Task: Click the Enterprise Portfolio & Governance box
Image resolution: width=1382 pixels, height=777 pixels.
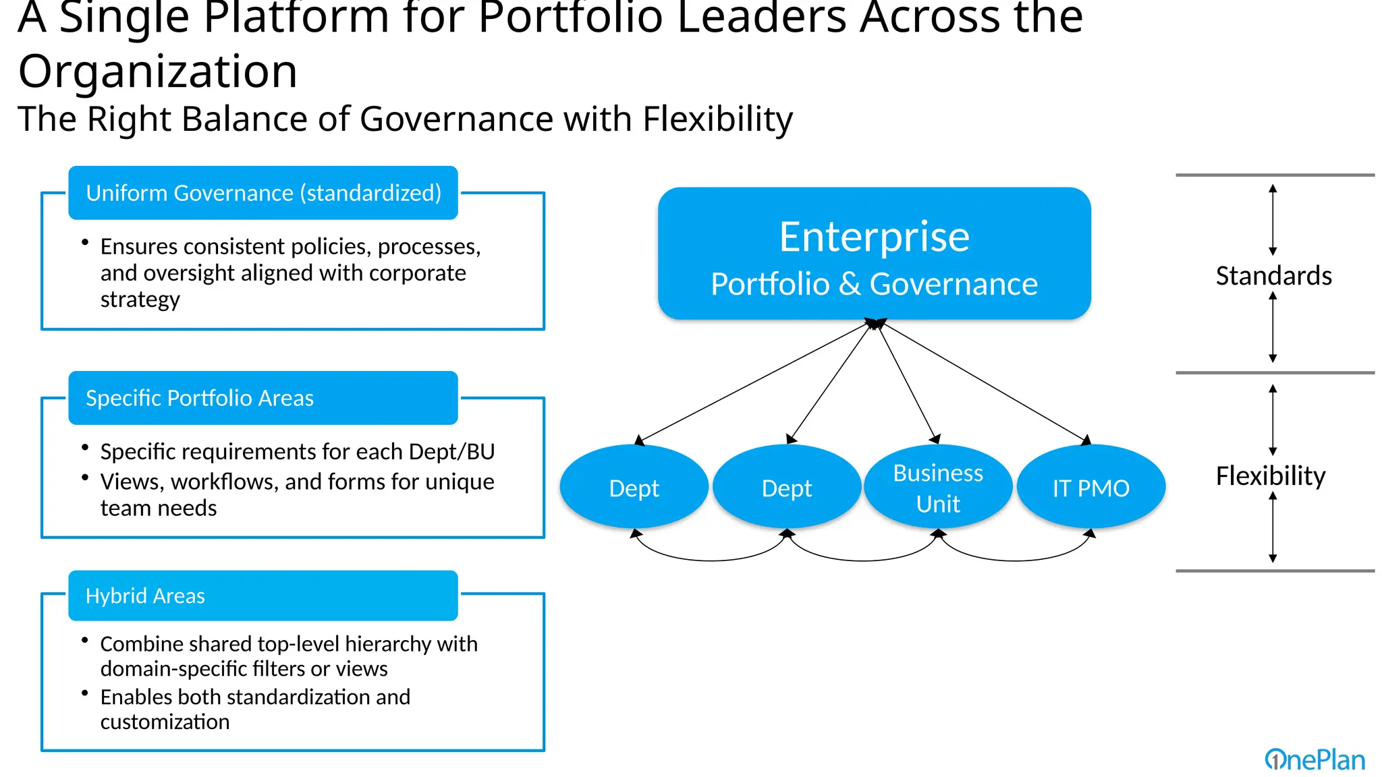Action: [874, 254]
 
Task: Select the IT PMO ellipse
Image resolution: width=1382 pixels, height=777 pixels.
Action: [1090, 487]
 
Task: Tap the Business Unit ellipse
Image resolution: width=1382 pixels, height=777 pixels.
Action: [938, 487]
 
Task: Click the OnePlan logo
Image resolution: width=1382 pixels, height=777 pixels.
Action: [1315, 760]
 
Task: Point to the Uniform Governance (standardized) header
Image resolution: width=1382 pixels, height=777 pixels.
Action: [263, 193]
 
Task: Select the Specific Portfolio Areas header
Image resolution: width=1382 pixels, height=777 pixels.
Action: [263, 398]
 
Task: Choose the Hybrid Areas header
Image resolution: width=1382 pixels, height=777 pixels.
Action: [263, 596]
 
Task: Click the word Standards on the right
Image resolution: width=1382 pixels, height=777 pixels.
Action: [1273, 276]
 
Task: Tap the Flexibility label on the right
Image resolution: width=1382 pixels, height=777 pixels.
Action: [1271, 476]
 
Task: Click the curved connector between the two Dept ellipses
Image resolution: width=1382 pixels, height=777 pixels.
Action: [711, 558]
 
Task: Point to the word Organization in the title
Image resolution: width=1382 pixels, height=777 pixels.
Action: [158, 71]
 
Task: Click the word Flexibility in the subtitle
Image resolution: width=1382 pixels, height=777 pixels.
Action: [717, 119]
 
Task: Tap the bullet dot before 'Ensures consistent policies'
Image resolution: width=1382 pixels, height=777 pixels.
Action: [85, 242]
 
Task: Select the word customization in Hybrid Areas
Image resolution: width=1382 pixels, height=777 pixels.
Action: [165, 722]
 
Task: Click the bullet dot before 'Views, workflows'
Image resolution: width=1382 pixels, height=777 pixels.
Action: [85, 478]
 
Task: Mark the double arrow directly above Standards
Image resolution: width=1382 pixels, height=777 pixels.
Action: [1273, 220]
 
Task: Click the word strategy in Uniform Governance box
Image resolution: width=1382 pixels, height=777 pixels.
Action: [140, 299]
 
